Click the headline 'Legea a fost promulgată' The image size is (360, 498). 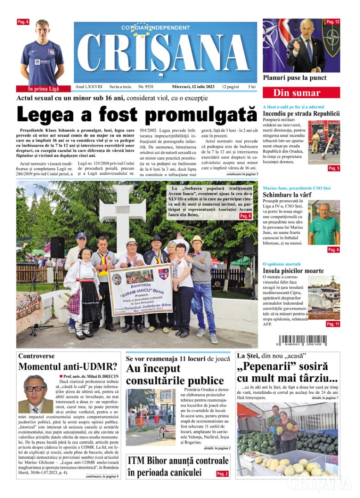tap(136, 114)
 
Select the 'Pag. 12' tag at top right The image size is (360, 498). tap(332, 22)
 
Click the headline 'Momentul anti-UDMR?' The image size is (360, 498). tap(67, 367)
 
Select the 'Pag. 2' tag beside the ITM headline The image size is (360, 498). tap(222, 474)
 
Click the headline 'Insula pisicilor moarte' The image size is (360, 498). tap(293, 271)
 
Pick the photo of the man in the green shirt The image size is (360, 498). tap(324, 224)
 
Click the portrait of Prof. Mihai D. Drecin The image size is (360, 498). tap(35, 394)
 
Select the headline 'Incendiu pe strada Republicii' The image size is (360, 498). tap(301, 113)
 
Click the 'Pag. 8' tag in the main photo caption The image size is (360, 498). tap(245, 216)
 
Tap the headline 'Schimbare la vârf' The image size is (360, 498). tap(287, 195)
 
